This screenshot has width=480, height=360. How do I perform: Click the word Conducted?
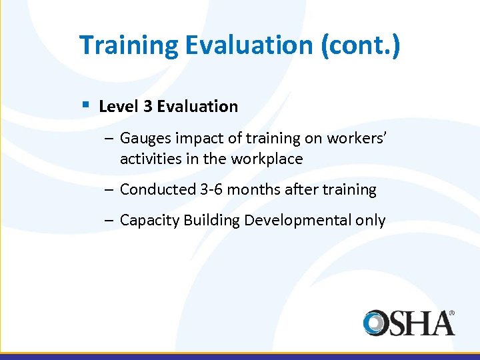click(x=157, y=190)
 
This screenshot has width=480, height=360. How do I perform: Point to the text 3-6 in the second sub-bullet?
click(x=213, y=190)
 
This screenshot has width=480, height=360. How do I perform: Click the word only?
click(x=371, y=221)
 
